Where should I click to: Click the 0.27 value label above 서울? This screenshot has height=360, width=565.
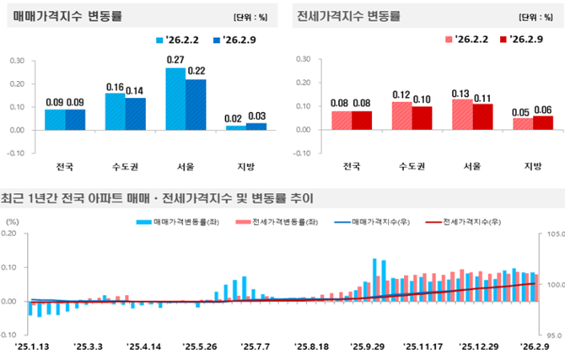[x=175, y=60]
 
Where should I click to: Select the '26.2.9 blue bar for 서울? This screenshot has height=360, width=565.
[x=196, y=105]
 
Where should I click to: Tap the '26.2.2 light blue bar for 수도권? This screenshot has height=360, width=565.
[x=115, y=111]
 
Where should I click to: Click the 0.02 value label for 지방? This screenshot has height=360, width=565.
[x=236, y=118]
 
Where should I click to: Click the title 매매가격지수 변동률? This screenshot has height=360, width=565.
[x=68, y=16]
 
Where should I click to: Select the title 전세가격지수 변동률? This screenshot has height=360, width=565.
[x=347, y=16]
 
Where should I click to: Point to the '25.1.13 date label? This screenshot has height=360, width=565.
[x=31, y=346]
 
